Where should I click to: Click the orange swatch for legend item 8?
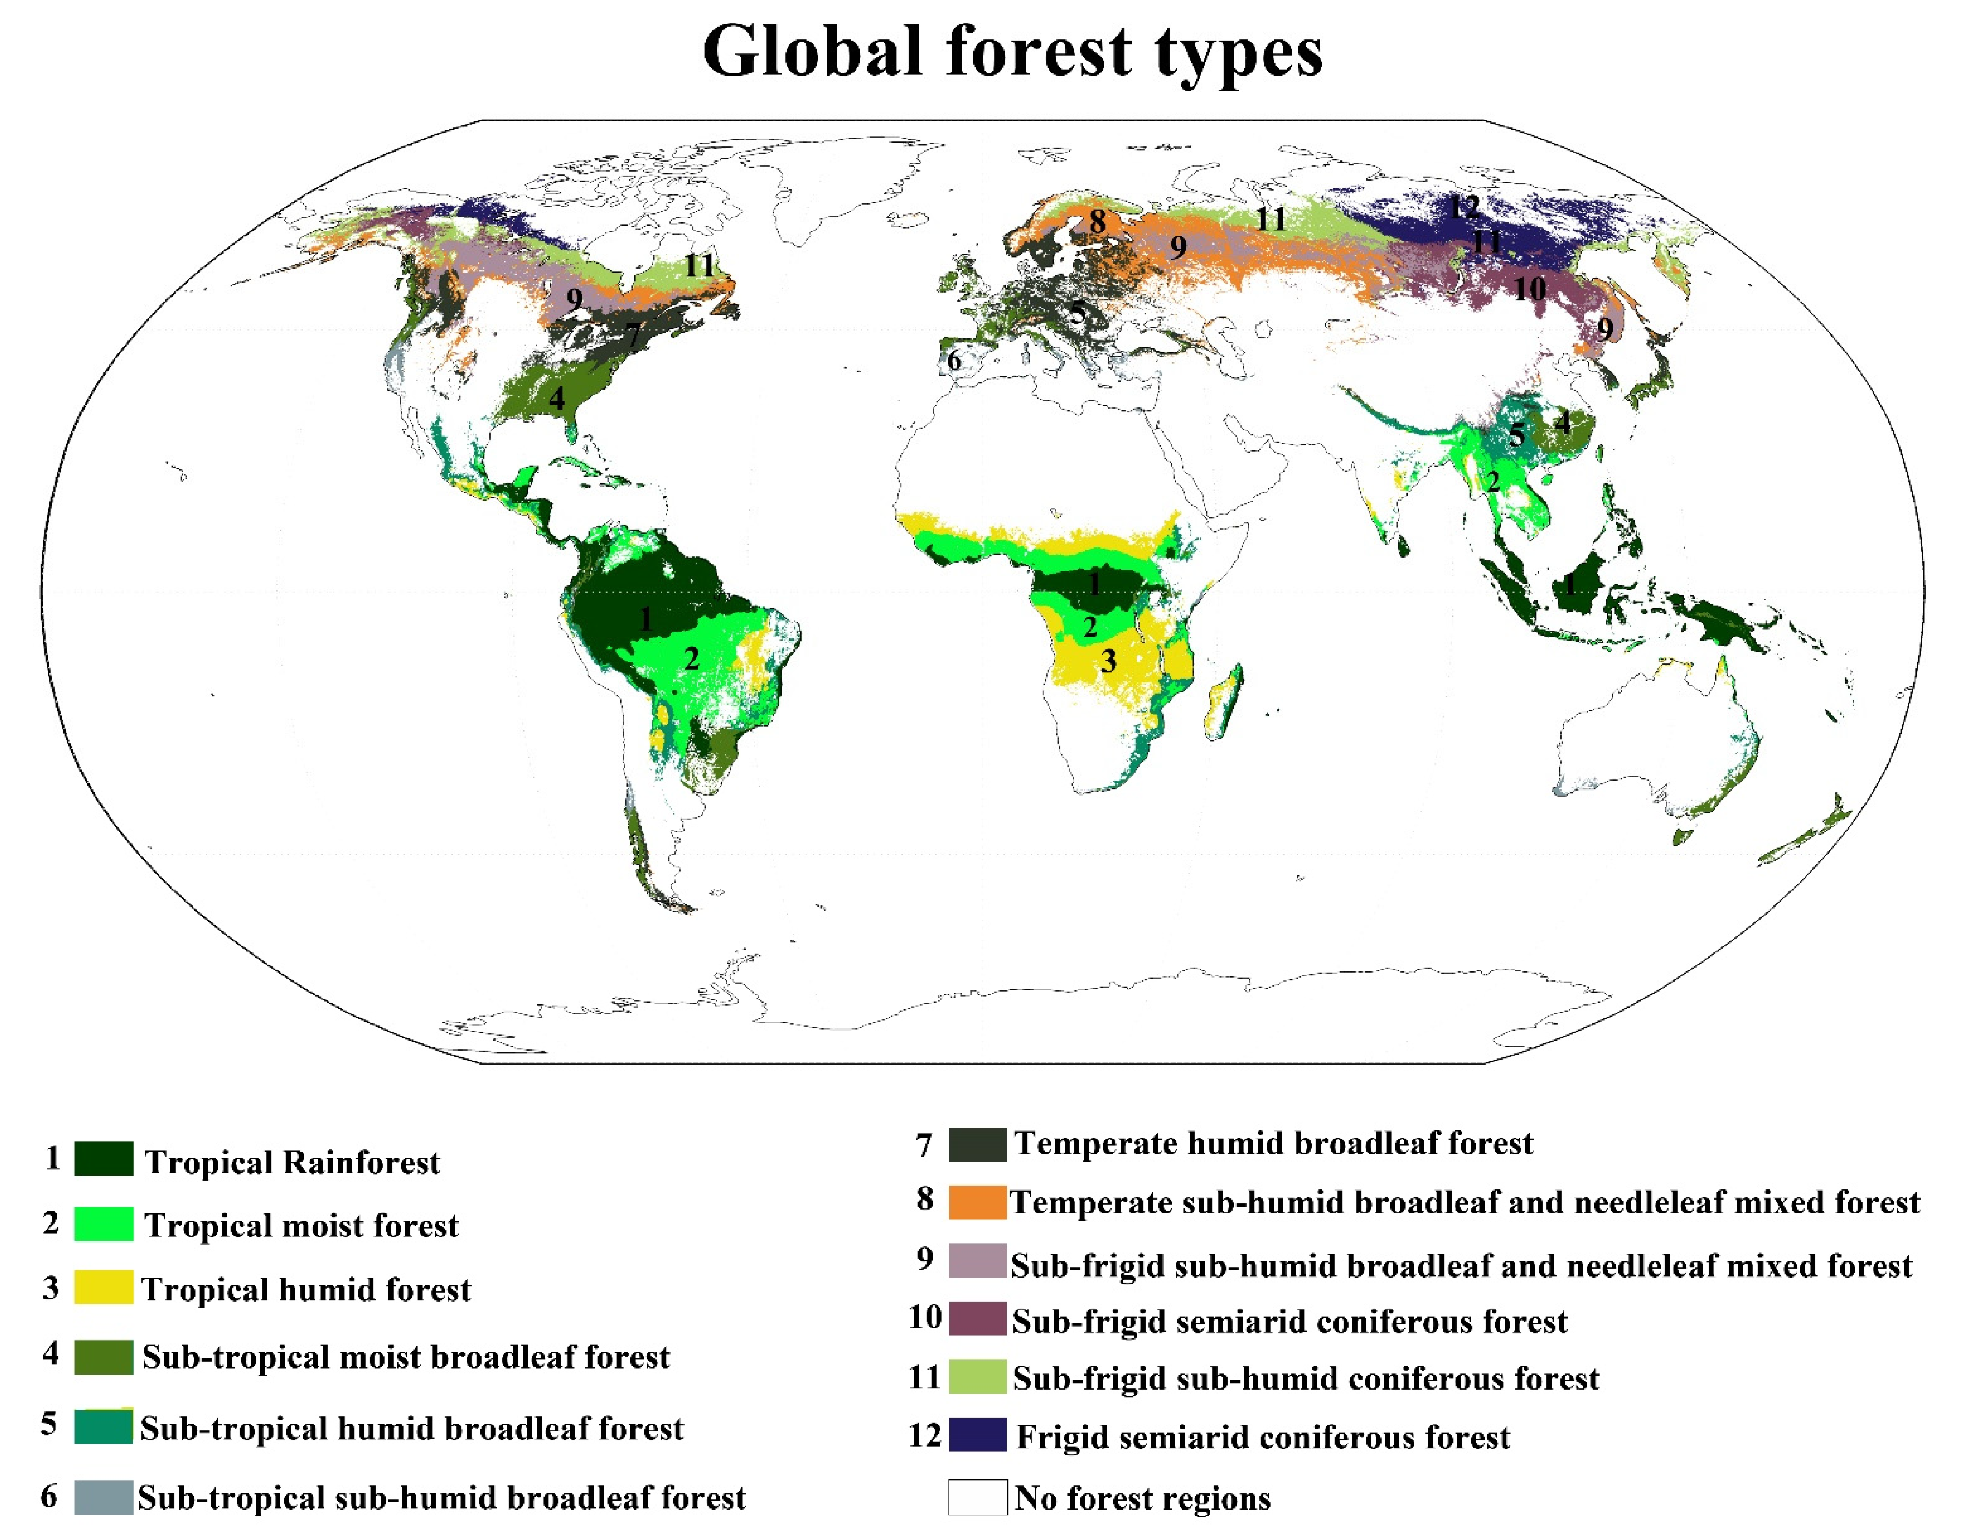(x=977, y=1202)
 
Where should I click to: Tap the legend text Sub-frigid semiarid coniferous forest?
(x=1289, y=1322)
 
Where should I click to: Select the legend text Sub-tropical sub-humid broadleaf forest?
(x=442, y=1498)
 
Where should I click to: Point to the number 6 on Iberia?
(x=954, y=360)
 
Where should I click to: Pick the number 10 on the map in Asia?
(x=1529, y=289)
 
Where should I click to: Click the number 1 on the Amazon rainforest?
(x=645, y=619)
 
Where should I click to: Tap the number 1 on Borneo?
(x=1570, y=585)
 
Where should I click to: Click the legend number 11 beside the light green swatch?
(x=925, y=1377)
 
